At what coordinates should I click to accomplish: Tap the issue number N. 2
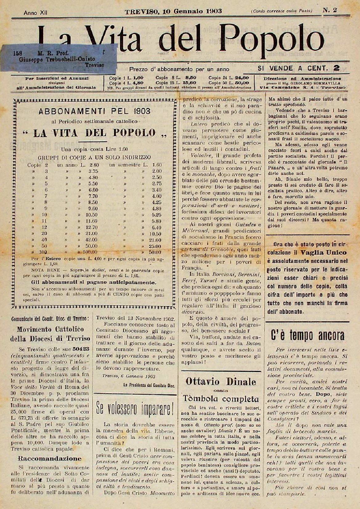330,10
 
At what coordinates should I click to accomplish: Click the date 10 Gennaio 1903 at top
173,11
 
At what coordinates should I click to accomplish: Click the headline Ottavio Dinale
220,382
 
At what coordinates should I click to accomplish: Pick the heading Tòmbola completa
220,399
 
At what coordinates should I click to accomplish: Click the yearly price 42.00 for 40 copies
92,240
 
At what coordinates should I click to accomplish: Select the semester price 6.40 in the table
156,227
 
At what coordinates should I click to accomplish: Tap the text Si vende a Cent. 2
299,69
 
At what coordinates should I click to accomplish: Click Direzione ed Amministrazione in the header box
302,79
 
